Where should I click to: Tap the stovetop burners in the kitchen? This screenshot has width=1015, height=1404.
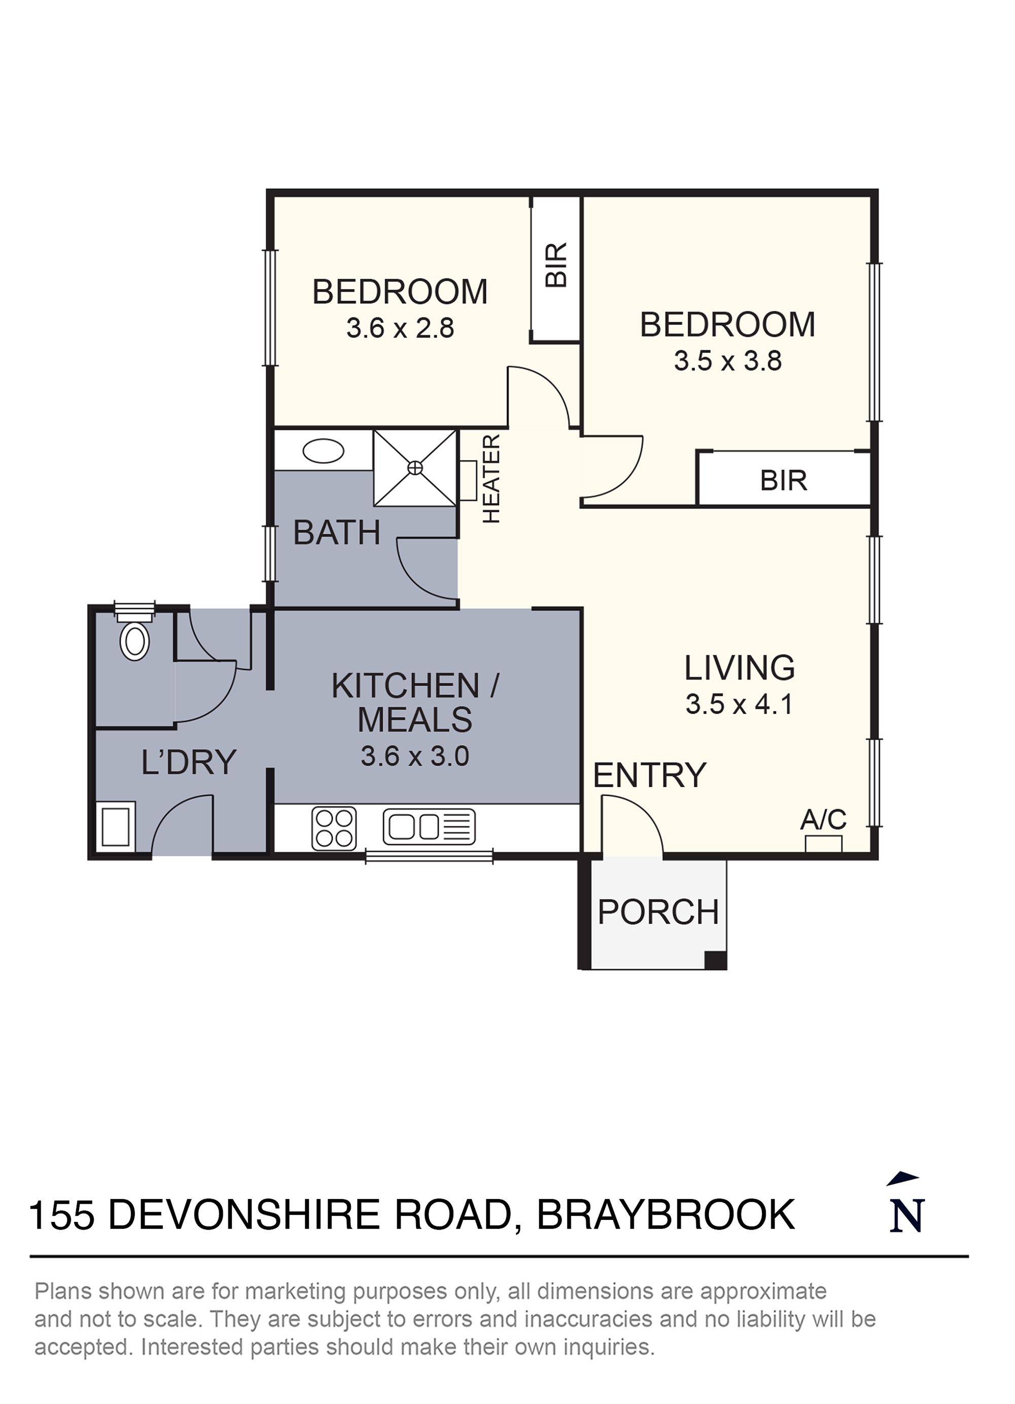pyautogui.click(x=334, y=828)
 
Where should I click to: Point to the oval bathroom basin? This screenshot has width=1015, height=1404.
pyautogui.click(x=323, y=451)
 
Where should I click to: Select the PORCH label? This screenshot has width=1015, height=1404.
pyautogui.click(x=658, y=912)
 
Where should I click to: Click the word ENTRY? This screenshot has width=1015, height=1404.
pyautogui.click(x=649, y=775)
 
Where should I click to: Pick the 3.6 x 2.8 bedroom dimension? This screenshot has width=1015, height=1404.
pyautogui.click(x=400, y=328)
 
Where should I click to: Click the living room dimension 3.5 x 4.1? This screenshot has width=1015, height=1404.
pyautogui.click(x=739, y=705)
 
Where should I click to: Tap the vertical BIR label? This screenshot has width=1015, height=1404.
pyautogui.click(x=556, y=264)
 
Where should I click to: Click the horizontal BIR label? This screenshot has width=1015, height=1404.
pyautogui.click(x=784, y=480)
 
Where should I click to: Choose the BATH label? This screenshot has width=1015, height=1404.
pyautogui.click(x=337, y=533)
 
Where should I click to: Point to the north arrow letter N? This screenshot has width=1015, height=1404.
pyautogui.click(x=906, y=1215)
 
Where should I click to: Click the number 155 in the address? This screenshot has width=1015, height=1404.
pyautogui.click(x=62, y=1215)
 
